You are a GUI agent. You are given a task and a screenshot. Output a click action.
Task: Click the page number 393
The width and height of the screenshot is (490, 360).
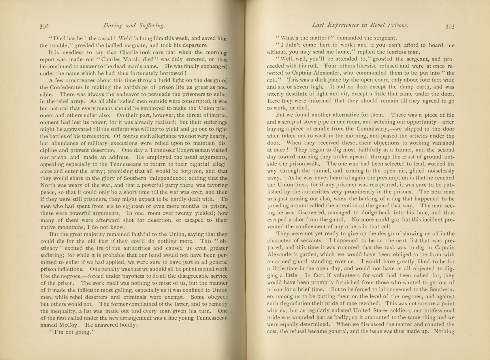(450, 26)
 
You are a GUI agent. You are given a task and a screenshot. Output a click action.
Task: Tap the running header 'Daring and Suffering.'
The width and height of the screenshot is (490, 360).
(134, 26)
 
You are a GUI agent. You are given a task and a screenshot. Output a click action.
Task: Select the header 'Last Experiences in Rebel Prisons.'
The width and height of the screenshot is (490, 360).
(360, 25)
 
